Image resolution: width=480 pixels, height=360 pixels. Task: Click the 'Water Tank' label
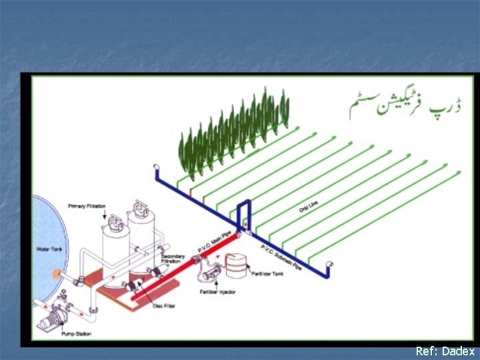point(48,249)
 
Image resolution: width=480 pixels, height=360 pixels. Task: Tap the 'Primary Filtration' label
point(87,207)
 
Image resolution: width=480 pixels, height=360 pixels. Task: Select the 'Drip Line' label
point(308,209)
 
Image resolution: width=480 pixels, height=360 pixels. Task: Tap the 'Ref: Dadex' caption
point(445,351)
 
